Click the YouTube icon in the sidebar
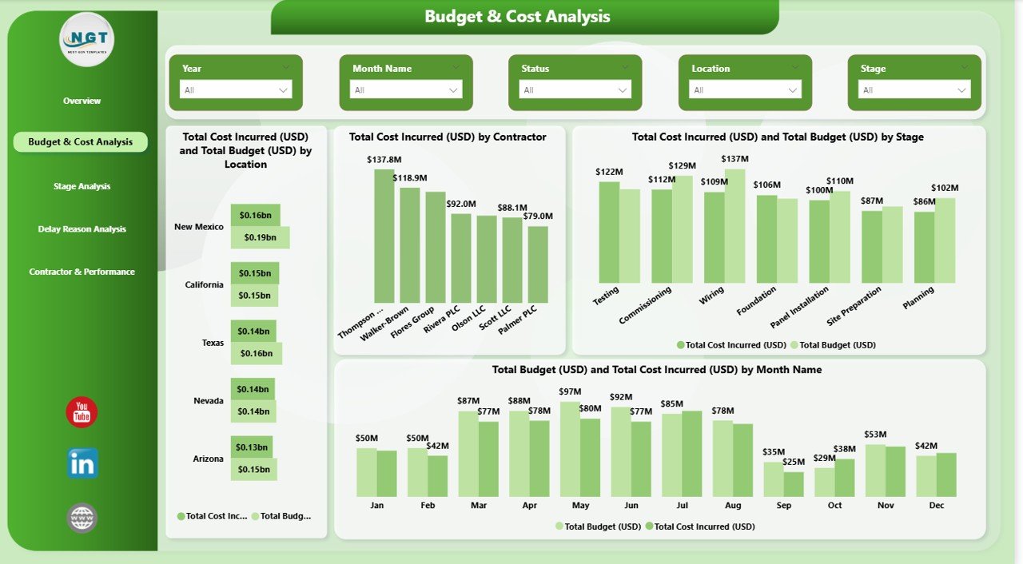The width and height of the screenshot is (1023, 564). click(82, 412)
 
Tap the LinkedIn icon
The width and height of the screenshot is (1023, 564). click(82, 463)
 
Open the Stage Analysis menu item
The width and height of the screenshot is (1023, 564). click(82, 186)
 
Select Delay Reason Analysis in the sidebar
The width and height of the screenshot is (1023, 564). click(82, 229)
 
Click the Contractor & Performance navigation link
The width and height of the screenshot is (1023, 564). click(82, 272)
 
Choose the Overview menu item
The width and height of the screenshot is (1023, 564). click(82, 101)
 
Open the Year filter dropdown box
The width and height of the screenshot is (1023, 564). click(236, 90)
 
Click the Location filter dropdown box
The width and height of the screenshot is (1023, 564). click(745, 90)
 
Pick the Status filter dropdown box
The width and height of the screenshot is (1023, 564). click(575, 90)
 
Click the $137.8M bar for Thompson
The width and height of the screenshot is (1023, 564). click(384, 236)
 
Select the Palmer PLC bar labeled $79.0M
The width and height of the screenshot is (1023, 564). click(538, 264)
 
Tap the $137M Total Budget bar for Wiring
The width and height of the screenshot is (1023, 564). click(734, 225)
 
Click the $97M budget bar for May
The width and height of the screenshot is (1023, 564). click(570, 449)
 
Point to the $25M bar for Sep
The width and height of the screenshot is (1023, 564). click(794, 484)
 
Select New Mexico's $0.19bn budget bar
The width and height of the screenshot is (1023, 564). click(260, 237)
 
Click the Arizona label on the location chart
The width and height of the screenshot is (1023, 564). click(207, 459)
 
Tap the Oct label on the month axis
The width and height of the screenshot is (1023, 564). click(834, 506)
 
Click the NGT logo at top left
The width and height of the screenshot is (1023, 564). click(87, 39)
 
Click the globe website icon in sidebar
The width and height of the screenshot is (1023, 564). click(82, 518)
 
